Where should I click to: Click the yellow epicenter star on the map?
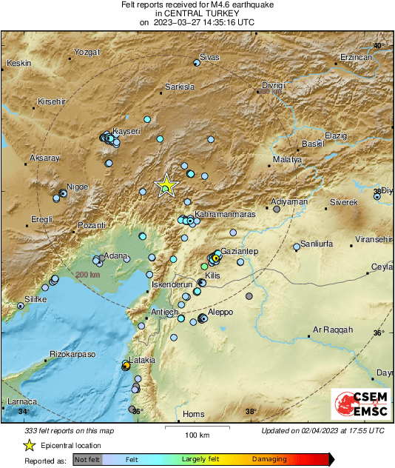[166, 186]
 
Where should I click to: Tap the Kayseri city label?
[126, 131]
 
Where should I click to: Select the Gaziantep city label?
[238, 252]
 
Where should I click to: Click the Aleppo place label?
[221, 312]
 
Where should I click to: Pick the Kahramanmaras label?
[220, 213]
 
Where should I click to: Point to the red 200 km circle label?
[87, 275]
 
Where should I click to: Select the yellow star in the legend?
[28, 445]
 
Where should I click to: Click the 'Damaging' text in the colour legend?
[269, 459]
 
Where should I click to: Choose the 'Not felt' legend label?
[89, 459]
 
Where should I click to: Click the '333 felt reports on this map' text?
[70, 430]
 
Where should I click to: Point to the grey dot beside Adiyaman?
[277, 210]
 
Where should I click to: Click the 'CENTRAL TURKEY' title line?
[197, 13]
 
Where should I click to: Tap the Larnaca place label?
[21, 401]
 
